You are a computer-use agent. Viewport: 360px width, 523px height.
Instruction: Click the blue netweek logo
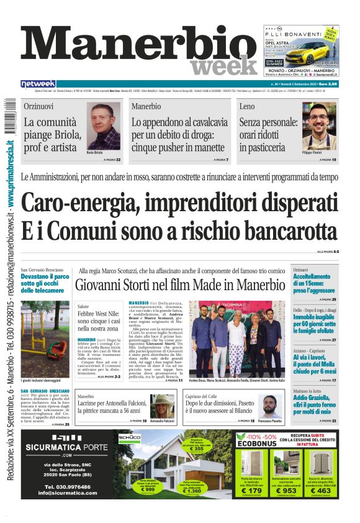(x=38, y=84)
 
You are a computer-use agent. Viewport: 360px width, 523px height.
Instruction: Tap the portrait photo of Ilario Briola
(x=103, y=127)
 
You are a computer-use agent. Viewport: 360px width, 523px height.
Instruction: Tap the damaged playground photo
(x=45, y=335)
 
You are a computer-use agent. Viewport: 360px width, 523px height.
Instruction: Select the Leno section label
(x=246, y=107)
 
